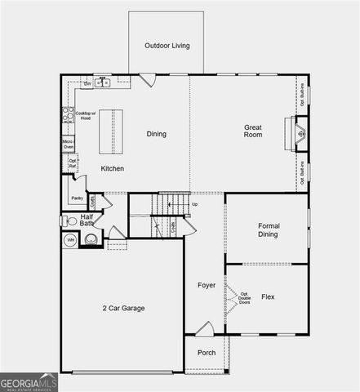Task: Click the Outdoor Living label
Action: point(167,46)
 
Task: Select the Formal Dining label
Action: point(268,230)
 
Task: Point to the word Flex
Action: point(268,297)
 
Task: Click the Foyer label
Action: point(207,285)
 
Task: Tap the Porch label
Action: point(207,353)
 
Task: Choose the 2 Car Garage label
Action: point(123,308)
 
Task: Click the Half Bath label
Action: point(87,220)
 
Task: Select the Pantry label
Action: point(77,198)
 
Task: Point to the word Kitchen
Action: point(113,168)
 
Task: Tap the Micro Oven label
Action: point(69,145)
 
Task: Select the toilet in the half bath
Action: point(68,220)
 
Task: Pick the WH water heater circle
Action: point(70,240)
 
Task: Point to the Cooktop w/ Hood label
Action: point(86,116)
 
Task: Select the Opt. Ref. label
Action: point(73,163)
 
